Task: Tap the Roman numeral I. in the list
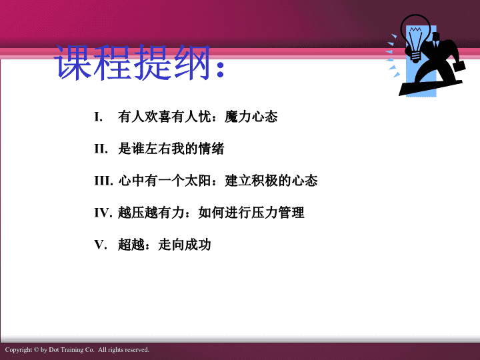coord(98,117)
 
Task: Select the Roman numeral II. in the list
coord(101,149)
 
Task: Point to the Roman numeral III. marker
coord(104,181)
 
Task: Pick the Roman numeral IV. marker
coord(103,213)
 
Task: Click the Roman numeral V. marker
coord(101,245)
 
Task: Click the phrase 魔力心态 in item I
coord(251,117)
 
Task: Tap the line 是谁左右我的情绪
coord(171,149)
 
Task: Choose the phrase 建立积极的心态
coord(271,181)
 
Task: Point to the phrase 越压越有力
coord(151,213)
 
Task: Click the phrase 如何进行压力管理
coord(251,213)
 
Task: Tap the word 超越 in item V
coord(131,245)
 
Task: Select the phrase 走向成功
coord(185,245)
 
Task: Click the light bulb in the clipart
coord(415,37)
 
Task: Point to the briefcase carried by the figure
coord(459,66)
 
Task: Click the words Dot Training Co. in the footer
coord(71,350)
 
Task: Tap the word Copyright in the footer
coord(19,350)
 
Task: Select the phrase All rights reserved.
coord(124,350)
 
